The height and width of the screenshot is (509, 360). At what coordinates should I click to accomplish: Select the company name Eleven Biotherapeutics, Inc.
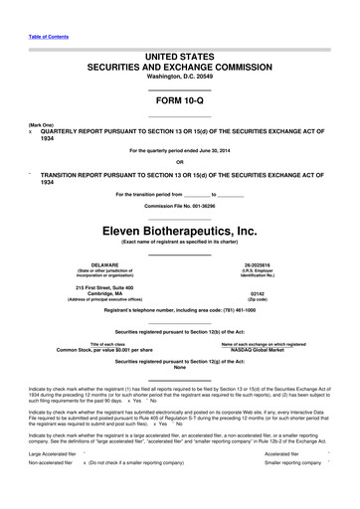[x=179, y=230]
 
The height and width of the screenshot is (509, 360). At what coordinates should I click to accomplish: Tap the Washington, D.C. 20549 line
[x=179, y=77]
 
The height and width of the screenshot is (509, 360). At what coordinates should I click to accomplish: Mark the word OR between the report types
[x=179, y=161]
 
